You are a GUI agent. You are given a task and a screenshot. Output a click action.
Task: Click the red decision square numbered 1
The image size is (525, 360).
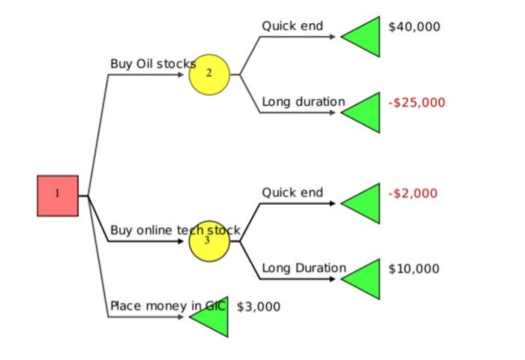[x=58, y=196]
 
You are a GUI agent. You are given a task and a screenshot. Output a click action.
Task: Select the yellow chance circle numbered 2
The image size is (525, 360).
[x=208, y=74]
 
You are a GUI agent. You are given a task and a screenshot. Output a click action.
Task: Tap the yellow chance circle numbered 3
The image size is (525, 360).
[x=208, y=241]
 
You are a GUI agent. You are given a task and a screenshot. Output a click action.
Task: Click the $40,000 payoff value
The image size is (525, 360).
[x=414, y=27]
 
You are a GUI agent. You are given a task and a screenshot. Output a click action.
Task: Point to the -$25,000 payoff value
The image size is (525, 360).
[x=416, y=103]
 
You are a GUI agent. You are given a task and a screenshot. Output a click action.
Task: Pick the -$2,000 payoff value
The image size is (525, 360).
[x=412, y=193]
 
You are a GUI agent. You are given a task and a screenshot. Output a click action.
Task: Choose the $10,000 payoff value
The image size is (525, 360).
[x=414, y=268]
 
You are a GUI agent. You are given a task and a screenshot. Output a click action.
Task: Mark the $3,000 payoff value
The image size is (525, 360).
[x=258, y=307]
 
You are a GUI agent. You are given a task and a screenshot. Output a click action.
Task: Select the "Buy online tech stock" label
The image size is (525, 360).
[x=175, y=230]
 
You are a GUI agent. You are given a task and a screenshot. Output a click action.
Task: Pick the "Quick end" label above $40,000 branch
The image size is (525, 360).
[x=292, y=26]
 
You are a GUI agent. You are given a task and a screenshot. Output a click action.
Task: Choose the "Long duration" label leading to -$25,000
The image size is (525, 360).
[x=303, y=102]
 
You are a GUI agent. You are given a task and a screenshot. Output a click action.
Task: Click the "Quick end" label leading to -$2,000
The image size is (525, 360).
[x=292, y=193]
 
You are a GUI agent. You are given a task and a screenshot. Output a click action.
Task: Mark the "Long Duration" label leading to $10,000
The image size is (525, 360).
[x=304, y=268]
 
